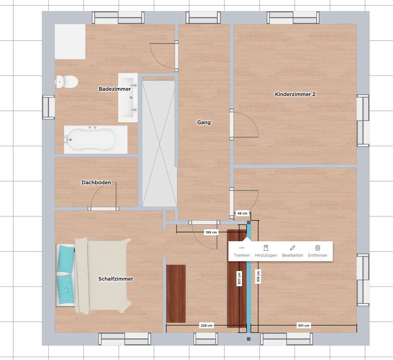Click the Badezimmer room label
pos(115,89)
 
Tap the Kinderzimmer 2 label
pos(295,94)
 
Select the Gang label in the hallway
pos(204,122)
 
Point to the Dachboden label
pos(96,182)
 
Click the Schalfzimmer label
pos(115,279)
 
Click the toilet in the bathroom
pos(66,82)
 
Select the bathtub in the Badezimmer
pos(96,140)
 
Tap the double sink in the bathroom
pos(128,98)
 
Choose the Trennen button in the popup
pos(242,251)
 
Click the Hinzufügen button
pos(266,251)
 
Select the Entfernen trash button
pos(318,251)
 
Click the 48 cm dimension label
pos(242,213)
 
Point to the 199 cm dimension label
pos(211,232)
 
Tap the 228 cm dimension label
pos(207,326)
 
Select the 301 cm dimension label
pos(304,326)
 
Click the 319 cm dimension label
pos(258,277)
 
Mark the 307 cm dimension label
pos(239,278)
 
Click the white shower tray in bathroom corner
pos(70,41)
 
